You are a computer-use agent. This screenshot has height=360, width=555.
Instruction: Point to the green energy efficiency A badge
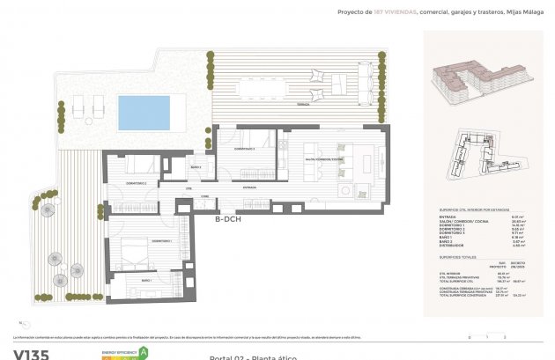(x=144, y=352)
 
